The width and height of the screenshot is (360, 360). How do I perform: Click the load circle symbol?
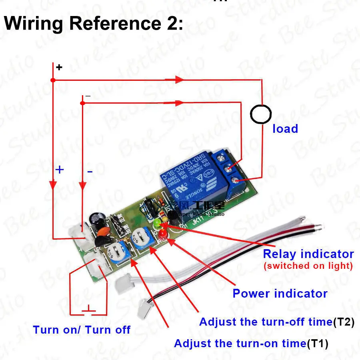coord(262,114)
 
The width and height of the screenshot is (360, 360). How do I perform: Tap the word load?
coord(285,129)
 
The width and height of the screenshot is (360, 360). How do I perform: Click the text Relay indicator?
coord(308,254)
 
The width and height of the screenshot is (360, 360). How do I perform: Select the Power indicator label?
coord(280,294)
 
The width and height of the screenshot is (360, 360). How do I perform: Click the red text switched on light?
coord(308,266)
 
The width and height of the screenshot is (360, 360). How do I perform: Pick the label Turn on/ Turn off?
coord(82,330)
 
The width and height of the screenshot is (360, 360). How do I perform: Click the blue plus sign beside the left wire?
coord(59,170)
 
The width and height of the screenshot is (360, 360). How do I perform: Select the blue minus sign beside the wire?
coord(90,172)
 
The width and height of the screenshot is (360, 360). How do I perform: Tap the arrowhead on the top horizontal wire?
coord(178,80)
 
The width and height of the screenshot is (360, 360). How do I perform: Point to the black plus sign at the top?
coord(59,67)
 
